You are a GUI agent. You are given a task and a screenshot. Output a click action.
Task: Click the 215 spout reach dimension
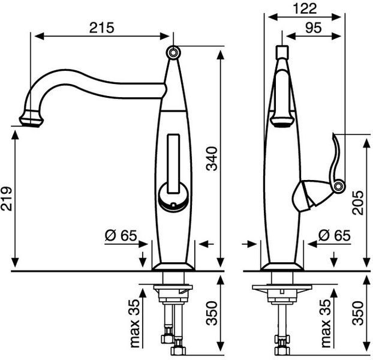pos(102,28)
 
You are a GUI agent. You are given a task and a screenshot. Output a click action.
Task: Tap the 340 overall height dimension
pos(212,159)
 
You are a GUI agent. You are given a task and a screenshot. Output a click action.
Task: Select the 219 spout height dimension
pos(7,199)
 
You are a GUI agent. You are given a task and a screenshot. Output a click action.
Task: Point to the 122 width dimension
pos(305,9)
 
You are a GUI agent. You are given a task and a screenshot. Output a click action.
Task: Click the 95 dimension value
pos(314,28)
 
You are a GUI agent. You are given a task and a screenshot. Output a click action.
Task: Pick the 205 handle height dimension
pos(358,203)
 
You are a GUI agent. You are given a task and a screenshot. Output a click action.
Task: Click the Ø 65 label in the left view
pos(121,236)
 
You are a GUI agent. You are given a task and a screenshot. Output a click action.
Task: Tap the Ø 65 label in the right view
pos(335,236)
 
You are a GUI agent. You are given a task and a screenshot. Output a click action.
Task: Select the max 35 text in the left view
pos(135,323)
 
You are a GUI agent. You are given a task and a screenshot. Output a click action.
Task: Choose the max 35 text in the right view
pos(325,323)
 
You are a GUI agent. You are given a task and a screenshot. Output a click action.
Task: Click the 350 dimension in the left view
pos(212,313)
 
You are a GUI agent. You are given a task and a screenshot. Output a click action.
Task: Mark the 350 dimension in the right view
pos(358,313)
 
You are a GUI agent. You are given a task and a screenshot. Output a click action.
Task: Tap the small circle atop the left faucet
pos(173,52)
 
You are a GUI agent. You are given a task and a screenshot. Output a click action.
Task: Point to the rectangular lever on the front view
pos(173,163)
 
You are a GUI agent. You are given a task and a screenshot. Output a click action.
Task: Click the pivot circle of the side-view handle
pos(338,186)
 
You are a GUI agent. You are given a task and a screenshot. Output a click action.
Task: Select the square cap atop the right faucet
pos(282,52)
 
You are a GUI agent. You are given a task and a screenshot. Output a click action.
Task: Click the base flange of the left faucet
pos(173,267)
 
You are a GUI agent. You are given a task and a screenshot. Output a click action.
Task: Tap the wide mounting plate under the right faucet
pos(282,287)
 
